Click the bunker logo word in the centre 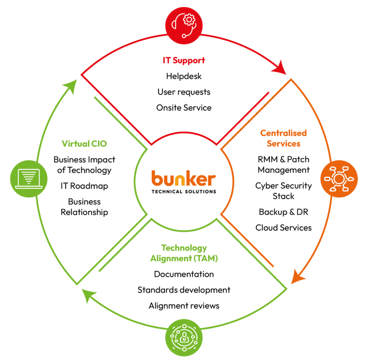pos(184,179)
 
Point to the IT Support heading pos(184,60)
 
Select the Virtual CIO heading pos(84,144)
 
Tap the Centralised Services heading pos(284,138)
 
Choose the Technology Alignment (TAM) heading pos(184,253)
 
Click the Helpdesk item pos(184,76)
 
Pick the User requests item pos(184,92)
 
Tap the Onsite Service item pos(184,108)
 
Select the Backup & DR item pos(284,212)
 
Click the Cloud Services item pos(284,228)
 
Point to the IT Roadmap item pos(84,186)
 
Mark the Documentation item pos(184,274)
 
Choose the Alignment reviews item pos(184,306)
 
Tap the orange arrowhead pos(298,277)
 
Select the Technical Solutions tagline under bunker pos(184,191)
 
